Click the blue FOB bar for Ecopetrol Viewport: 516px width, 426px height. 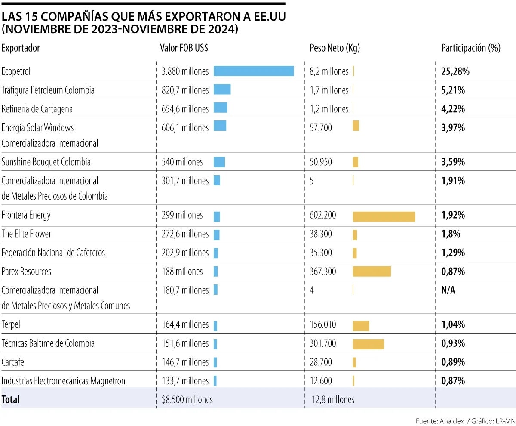point(253,71)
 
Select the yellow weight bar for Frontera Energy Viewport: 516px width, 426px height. point(384,216)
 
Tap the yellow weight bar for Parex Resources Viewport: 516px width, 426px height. point(372,271)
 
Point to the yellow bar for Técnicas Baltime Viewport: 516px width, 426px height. point(368,344)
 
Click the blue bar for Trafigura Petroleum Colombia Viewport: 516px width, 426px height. point(222,90)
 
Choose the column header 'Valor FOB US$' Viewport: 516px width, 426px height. point(184,48)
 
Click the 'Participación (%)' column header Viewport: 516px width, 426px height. point(471,48)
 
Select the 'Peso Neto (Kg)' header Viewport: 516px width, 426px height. point(335,48)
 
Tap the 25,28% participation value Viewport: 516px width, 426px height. point(455,71)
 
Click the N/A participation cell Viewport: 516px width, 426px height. point(448,290)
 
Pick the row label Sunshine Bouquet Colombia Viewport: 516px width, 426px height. point(46,162)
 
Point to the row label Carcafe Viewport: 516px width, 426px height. point(13,362)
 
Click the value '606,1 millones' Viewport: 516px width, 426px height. point(185,128)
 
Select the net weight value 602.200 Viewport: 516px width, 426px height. point(323,215)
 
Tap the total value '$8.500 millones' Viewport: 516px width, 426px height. point(187,400)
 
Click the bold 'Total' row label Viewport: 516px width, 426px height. point(11,400)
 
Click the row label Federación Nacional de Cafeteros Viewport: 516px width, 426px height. point(53,253)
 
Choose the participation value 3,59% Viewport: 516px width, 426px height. point(453,162)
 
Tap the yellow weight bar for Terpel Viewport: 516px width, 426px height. point(361,326)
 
